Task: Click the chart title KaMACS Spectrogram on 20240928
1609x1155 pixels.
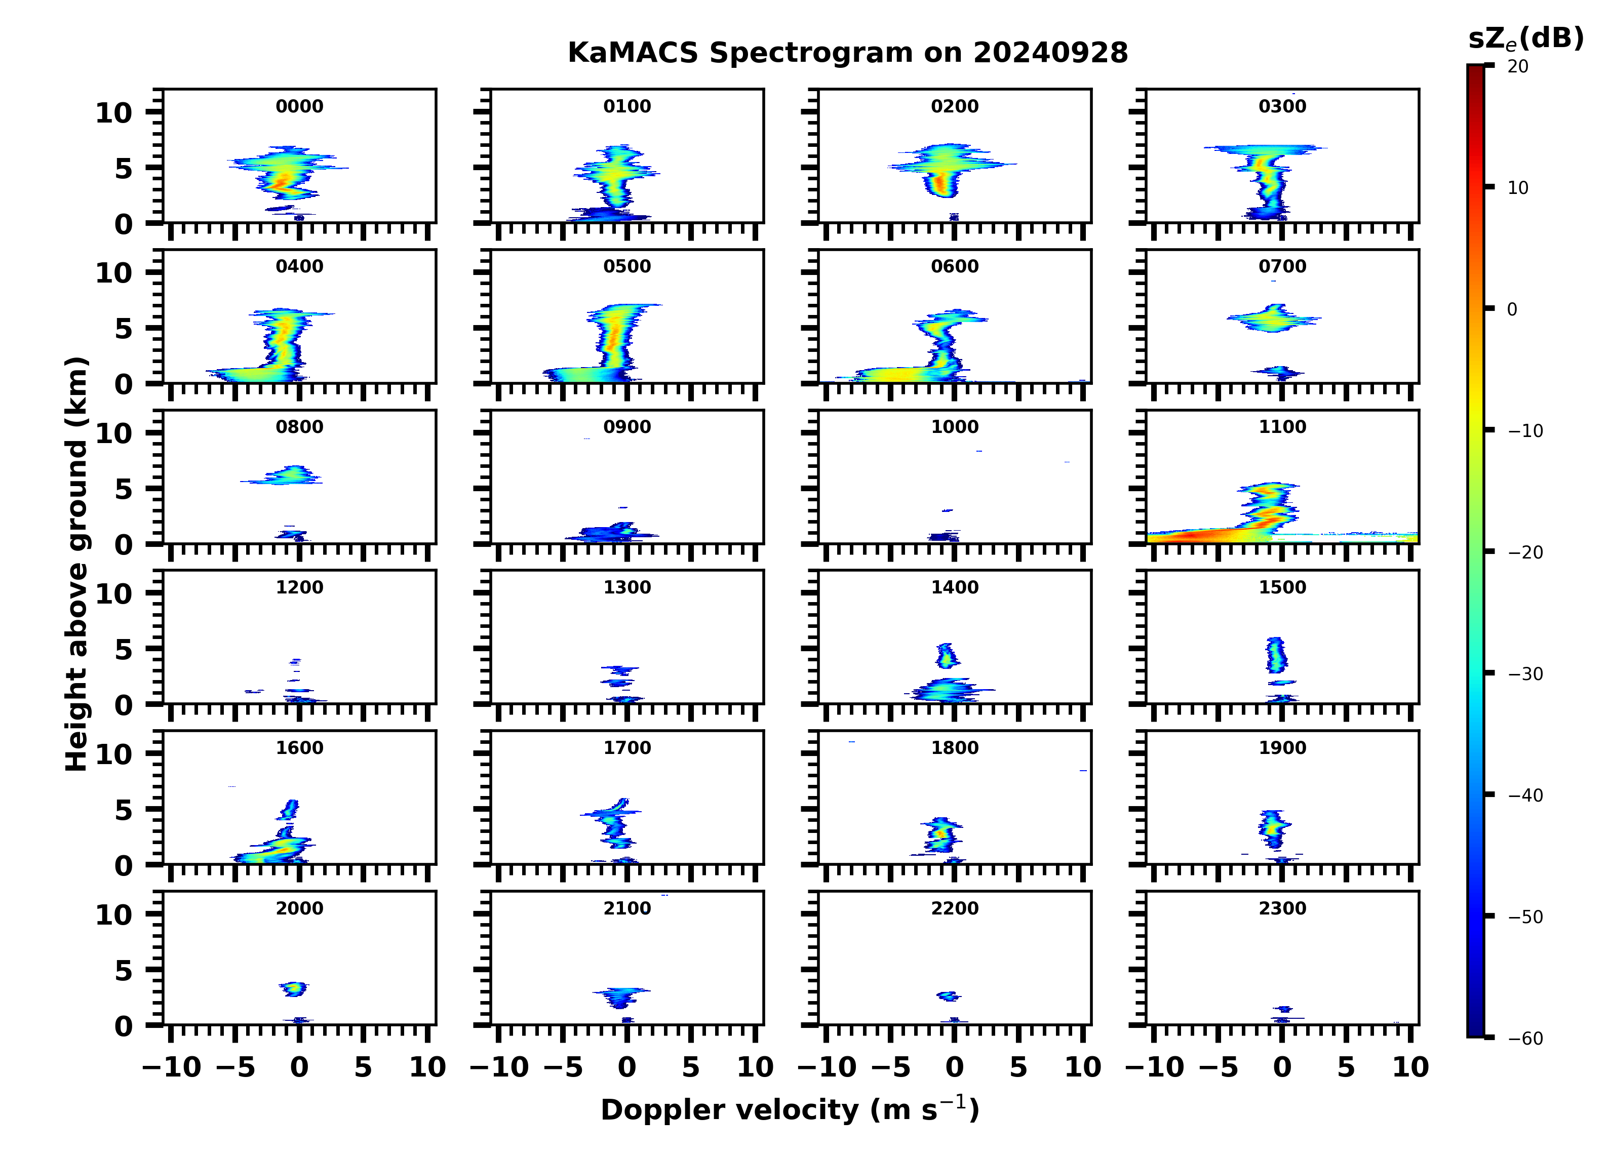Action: coord(847,53)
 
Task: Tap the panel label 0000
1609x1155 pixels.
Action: coord(299,106)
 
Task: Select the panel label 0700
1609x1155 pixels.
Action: coord(1282,267)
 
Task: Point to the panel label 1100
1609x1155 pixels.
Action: coord(1282,427)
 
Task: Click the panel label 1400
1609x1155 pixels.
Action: coord(954,587)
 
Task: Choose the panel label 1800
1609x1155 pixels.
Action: coord(954,748)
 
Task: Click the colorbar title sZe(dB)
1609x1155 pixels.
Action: coord(1526,39)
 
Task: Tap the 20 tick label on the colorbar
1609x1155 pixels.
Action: coord(1518,67)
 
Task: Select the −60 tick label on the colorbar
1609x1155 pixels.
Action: coord(1525,1039)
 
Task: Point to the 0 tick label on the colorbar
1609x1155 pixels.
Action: coord(1512,309)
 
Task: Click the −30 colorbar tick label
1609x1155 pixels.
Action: coord(1525,674)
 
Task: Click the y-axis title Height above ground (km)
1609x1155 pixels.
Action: coord(76,564)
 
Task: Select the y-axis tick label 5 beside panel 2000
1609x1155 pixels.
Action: coord(124,971)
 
